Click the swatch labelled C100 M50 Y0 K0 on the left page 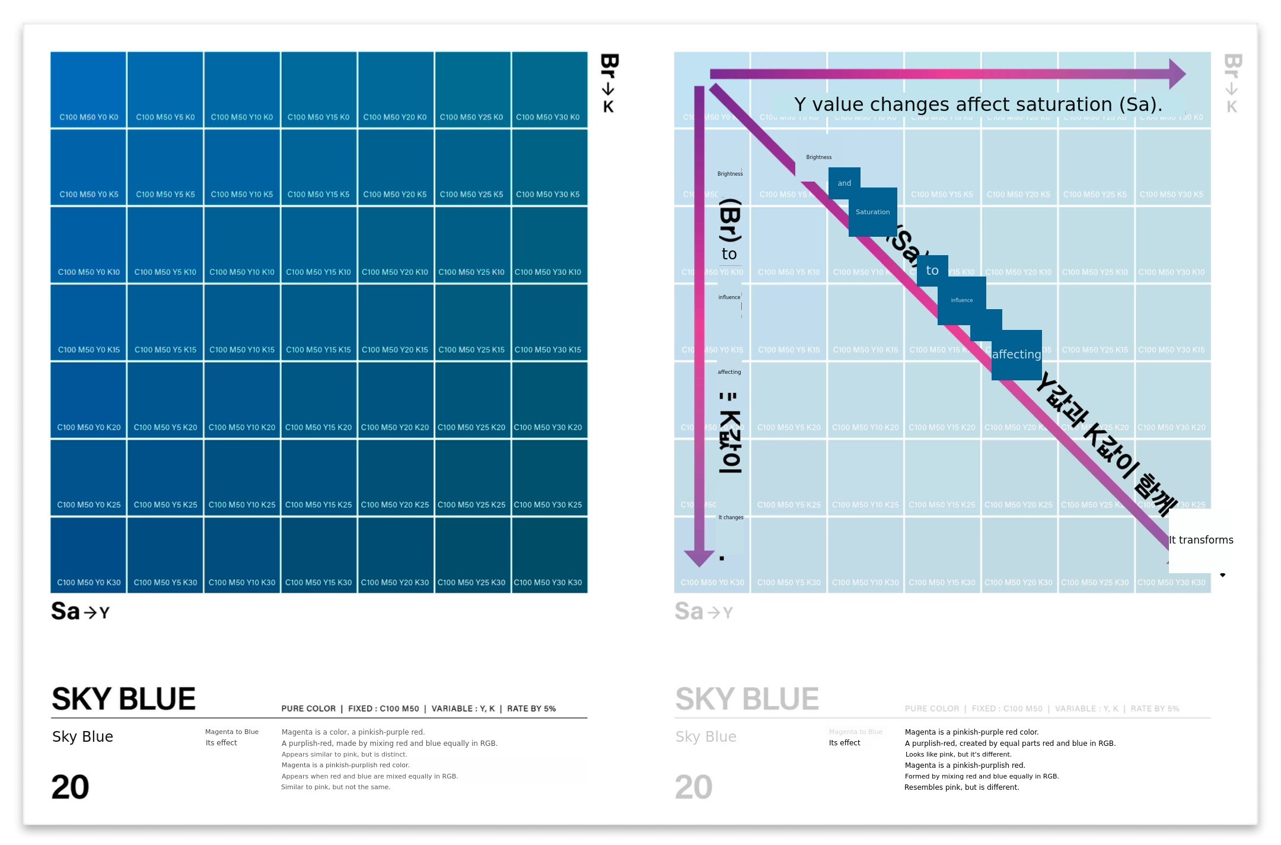click(88, 89)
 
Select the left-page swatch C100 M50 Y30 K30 click(549, 555)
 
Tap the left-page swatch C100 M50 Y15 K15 click(318, 322)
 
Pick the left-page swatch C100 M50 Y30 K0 click(549, 89)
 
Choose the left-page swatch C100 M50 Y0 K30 click(88, 555)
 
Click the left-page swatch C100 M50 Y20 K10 click(395, 244)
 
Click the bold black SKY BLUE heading click(123, 698)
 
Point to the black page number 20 click(70, 787)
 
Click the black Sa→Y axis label click(80, 611)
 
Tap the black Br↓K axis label click(609, 83)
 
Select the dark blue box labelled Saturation click(872, 212)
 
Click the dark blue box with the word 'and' click(845, 183)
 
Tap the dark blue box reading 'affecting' click(1016, 354)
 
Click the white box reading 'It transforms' click(1200, 540)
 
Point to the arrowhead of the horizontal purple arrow click(1177, 74)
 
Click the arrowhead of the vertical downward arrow click(699, 558)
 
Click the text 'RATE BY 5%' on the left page click(531, 709)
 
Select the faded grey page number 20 click(693, 787)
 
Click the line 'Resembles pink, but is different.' click(961, 787)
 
